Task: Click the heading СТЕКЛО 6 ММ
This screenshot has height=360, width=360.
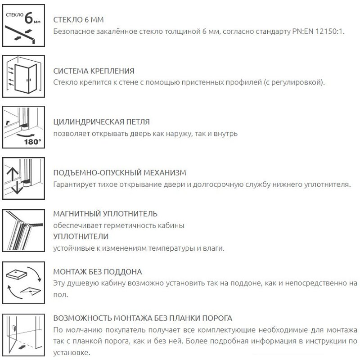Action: pyautogui.click(x=79, y=20)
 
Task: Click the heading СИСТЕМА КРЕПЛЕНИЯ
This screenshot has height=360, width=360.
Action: pyautogui.click(x=94, y=71)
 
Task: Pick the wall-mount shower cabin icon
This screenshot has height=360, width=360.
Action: pyautogui.click(x=24, y=76)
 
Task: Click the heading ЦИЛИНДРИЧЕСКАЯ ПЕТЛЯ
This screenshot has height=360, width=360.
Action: pyautogui.click(x=101, y=122)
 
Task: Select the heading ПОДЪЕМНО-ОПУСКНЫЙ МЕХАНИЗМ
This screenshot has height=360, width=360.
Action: pyautogui.click(x=119, y=173)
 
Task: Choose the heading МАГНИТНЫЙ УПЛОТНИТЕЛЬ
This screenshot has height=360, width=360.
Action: pyautogui.click(x=105, y=213)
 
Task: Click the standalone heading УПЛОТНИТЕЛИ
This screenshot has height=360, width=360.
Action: pyautogui.click(x=81, y=236)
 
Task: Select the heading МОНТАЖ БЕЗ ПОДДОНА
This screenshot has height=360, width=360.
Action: pyautogui.click(x=97, y=272)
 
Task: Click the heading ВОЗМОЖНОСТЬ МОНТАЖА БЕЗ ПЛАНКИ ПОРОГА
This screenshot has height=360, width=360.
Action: pyautogui.click(x=143, y=318)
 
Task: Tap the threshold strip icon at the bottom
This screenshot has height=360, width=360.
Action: pyautogui.click(x=24, y=333)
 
